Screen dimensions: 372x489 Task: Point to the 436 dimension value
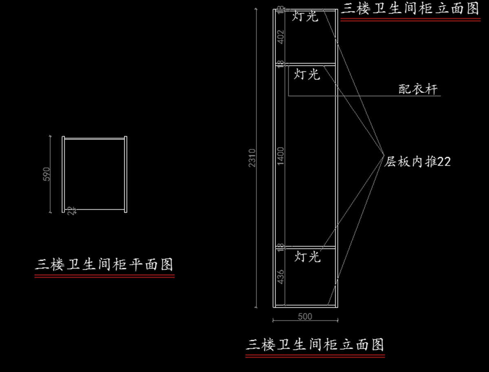[280, 277]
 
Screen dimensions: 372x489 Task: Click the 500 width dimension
[305, 316]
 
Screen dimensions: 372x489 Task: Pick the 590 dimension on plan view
[47, 174]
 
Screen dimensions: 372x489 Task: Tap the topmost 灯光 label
[305, 17]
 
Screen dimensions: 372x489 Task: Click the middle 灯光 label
[307, 74]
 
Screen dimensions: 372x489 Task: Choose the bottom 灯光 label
[307, 257]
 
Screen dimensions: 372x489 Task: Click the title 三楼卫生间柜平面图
[104, 264]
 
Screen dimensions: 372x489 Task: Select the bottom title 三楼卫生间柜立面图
[315, 345]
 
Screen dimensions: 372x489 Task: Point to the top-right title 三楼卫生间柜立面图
[410, 9]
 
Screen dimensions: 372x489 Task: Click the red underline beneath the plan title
[104, 276]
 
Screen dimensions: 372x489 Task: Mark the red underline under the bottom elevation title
[315, 356]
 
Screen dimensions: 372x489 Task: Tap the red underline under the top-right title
[410, 19]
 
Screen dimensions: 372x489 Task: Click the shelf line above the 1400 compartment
[310, 64]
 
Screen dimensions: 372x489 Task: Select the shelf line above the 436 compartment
[310, 247]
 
